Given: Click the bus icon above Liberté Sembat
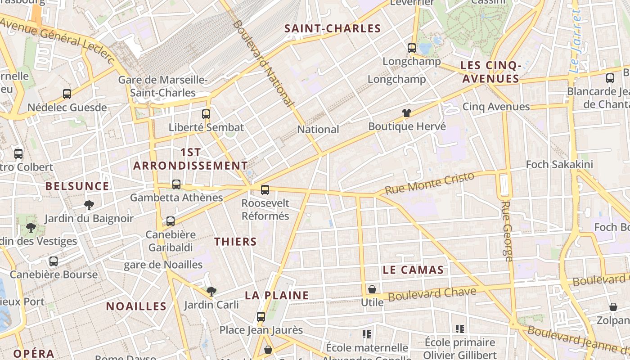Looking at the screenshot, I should click(206, 114).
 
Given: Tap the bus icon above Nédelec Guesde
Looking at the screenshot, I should click(67, 94).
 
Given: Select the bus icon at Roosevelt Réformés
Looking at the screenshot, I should click(265, 190).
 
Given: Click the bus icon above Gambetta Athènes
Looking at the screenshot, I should click(176, 184).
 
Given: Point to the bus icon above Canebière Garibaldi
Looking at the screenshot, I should click(171, 221).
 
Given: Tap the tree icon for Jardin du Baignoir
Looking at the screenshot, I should click(89, 205).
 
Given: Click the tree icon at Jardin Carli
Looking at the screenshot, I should click(211, 292).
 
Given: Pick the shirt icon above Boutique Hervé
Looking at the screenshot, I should click(407, 113).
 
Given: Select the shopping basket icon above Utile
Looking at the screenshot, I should click(372, 289).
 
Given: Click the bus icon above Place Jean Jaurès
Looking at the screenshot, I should click(261, 317).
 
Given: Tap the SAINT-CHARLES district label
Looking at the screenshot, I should click(333, 29).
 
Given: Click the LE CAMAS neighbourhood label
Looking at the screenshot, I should click(413, 270).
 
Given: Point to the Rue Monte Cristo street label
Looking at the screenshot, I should click(430, 183).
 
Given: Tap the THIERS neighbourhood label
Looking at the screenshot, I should click(235, 242).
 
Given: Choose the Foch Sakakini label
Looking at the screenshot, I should click(559, 165).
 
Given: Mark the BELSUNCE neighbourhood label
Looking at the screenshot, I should click(77, 186).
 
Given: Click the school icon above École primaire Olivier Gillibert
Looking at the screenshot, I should click(459, 329).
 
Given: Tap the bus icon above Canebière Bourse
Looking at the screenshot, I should click(54, 261).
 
